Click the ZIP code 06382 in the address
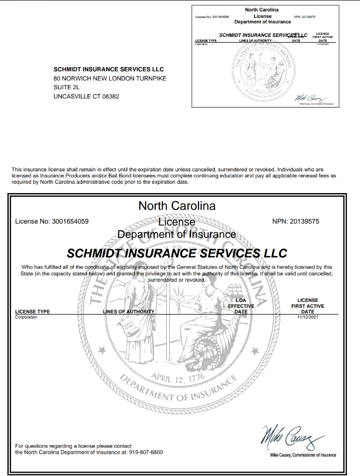[x=109, y=96]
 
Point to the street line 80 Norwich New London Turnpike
[x=110, y=78]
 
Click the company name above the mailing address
[x=109, y=69]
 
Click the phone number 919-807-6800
[x=146, y=452]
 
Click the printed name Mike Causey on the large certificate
[x=285, y=455]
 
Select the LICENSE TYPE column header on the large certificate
[x=33, y=312]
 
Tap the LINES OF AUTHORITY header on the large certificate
[x=129, y=312]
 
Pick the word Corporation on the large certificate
[x=26, y=317]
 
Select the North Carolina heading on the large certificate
[x=177, y=206]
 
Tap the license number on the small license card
[x=212, y=17]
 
